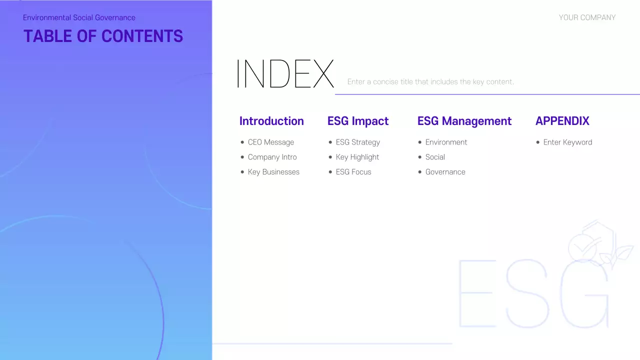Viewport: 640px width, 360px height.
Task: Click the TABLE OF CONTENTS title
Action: [x=103, y=36]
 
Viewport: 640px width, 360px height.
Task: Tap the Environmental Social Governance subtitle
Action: [x=79, y=17]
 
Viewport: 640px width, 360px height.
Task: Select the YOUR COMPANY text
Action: [x=587, y=17]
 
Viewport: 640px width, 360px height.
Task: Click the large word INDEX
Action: [x=284, y=74]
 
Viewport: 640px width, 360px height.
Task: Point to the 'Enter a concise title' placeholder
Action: [x=430, y=81]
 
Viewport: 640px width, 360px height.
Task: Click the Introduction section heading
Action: [x=271, y=121]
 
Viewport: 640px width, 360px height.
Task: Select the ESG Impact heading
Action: [x=358, y=121]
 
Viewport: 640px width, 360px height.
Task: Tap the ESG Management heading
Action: [x=464, y=121]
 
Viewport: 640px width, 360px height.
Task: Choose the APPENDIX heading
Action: [x=562, y=121]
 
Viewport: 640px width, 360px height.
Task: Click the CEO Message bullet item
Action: [x=270, y=142]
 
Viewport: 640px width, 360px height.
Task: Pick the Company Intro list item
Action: [x=272, y=157]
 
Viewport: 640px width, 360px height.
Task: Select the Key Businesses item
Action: [x=273, y=172]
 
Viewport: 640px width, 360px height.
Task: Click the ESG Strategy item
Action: [x=357, y=142]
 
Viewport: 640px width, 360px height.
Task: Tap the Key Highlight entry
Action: [x=357, y=157]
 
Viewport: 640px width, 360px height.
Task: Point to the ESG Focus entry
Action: [x=353, y=172]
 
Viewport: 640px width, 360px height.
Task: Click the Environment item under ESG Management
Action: [x=446, y=142]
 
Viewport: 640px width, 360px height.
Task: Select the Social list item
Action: [x=435, y=157]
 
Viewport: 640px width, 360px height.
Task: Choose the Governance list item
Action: [x=445, y=172]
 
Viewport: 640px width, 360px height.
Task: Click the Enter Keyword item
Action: [x=567, y=142]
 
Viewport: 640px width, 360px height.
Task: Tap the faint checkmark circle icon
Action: [x=582, y=247]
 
